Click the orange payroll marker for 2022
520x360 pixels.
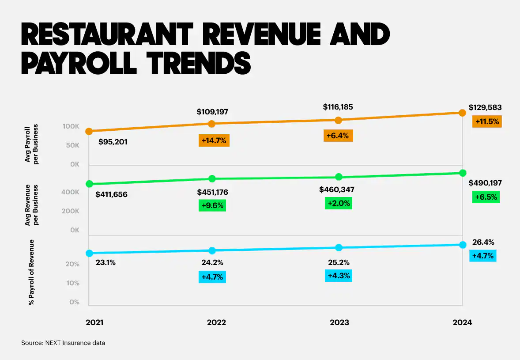click(212, 124)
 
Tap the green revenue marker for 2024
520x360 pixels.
click(462, 172)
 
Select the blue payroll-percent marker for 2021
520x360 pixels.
click(89, 253)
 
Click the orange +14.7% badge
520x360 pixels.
click(214, 140)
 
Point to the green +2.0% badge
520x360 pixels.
click(339, 203)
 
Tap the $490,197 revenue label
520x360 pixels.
click(485, 183)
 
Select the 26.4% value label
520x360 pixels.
click(483, 242)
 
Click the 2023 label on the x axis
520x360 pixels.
click(339, 322)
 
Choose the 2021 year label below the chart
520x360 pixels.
click(94, 322)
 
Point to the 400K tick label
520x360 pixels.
click(71, 193)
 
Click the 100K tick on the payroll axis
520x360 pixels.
click(71, 127)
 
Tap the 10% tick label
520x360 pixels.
click(73, 283)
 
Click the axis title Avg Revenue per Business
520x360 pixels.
click(31, 205)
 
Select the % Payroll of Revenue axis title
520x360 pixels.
click(31, 273)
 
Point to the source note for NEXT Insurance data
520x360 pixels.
click(63, 342)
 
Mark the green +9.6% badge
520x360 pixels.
click(212, 205)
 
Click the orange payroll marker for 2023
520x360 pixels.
click(339, 120)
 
